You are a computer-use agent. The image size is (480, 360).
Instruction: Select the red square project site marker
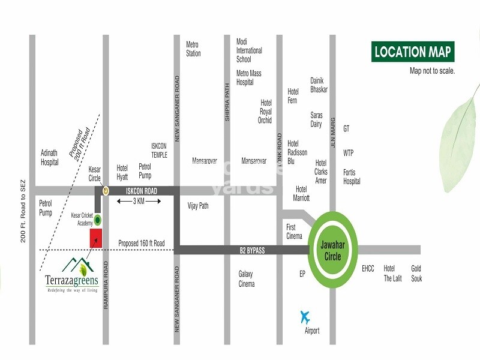point(96,238)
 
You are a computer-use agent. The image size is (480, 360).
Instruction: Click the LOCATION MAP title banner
point(412,52)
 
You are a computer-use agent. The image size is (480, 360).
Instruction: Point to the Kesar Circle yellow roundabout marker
point(106,191)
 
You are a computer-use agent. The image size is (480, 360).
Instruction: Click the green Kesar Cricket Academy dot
point(97,220)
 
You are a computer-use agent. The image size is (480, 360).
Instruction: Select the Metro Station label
point(193,49)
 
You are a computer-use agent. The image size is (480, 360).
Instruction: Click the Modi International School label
point(249,50)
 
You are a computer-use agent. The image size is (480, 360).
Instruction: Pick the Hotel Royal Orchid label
point(265,112)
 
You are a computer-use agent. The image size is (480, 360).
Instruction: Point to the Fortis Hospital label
point(352,177)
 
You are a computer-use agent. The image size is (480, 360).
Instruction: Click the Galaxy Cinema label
point(246,278)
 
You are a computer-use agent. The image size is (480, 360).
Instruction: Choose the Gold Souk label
point(416,274)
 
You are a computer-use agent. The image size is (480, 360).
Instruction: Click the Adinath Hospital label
point(49,157)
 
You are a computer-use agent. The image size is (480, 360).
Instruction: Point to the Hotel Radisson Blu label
point(297,152)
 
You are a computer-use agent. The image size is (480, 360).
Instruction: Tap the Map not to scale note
point(432,70)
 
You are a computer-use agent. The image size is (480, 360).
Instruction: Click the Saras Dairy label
point(316,119)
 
